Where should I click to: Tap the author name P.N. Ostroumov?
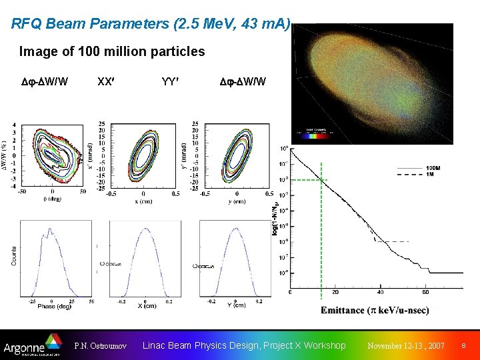[x=101, y=346]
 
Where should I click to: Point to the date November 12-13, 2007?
[x=407, y=346]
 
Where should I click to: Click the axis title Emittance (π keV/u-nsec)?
[x=375, y=311]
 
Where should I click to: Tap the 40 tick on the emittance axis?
[x=380, y=292]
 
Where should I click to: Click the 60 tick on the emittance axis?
[x=425, y=292]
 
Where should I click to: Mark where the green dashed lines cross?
[x=322, y=180]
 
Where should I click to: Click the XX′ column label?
[x=105, y=82]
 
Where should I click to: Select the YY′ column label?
[x=169, y=82]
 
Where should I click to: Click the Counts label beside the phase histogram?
[x=14, y=256]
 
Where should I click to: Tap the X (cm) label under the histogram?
[x=146, y=305]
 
